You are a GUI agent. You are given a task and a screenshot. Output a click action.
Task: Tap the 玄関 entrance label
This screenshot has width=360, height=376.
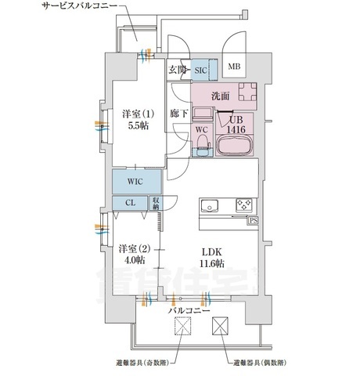pos(176,70)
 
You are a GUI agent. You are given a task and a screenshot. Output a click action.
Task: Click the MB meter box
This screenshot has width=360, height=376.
pos(234,67)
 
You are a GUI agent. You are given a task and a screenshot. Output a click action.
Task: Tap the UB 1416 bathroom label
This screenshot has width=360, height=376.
pos(236,124)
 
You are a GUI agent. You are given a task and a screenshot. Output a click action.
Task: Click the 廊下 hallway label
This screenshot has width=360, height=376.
pos(178,114)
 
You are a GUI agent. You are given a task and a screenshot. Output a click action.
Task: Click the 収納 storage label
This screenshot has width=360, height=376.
pos(156,202)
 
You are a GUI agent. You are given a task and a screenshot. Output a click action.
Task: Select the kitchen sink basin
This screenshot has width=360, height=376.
pos(210,206)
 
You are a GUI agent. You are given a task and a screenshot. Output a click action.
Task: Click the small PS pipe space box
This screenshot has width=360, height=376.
pos(254,222)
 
